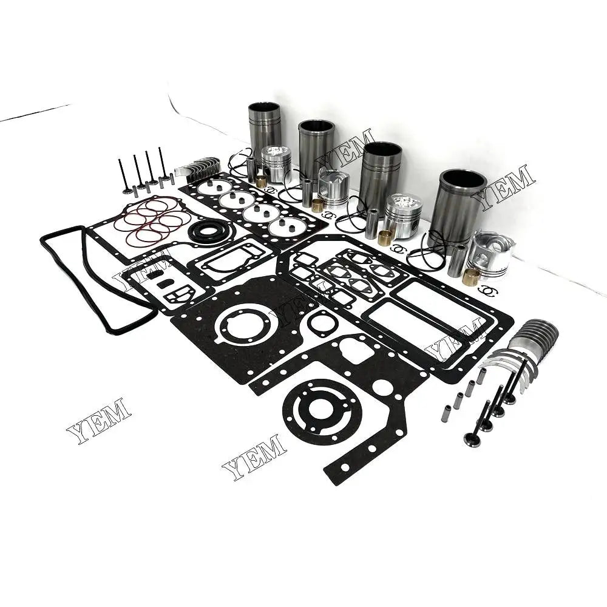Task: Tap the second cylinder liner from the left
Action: click(316, 149)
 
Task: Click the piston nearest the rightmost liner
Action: click(489, 254)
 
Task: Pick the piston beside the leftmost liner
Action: click(276, 163)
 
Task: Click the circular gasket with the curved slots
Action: click(322, 412)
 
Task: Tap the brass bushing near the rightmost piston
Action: click(471, 275)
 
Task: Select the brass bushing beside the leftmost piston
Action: click(261, 181)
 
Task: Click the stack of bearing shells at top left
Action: click(197, 168)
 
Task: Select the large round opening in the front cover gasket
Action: click(246, 325)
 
